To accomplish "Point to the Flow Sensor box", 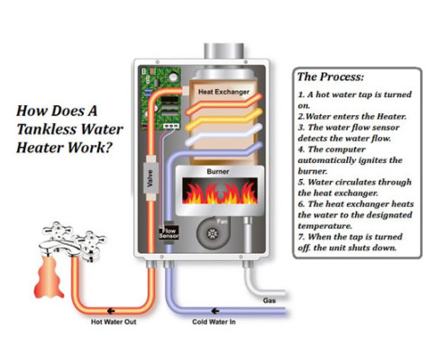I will click(x=168, y=232).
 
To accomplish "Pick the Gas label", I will click(x=269, y=299).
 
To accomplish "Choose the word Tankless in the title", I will click(x=50, y=129).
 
